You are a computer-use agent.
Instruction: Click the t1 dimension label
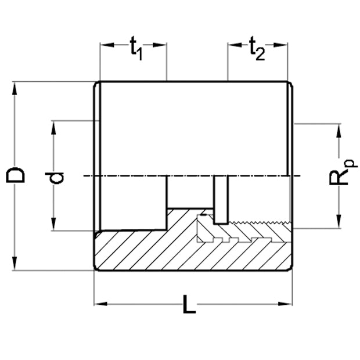(x=135, y=50)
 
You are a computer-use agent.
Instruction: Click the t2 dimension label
(x=257, y=50)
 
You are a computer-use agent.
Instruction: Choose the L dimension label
(x=189, y=304)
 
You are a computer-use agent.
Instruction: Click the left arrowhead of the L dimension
(x=99, y=303)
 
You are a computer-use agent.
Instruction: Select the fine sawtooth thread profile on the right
(x=261, y=224)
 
